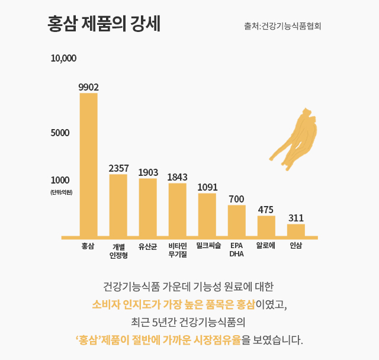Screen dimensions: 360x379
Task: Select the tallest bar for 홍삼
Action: [88, 165]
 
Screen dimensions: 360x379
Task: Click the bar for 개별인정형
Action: [118, 205]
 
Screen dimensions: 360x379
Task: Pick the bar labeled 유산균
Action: [147, 207]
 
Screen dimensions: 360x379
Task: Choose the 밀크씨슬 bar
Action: [207, 214]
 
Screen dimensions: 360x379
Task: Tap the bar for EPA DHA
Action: [237, 220]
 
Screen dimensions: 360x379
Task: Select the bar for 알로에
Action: [266, 226]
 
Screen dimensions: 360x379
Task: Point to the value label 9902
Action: [88, 87]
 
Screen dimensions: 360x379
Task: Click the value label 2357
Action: [118, 168]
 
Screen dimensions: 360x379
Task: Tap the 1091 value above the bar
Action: [207, 187]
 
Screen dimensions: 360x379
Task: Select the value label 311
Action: [296, 218]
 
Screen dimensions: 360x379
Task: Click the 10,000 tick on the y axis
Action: [63, 59]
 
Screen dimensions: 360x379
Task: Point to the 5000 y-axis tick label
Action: [60, 133]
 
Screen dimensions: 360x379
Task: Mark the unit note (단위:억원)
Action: [61, 192]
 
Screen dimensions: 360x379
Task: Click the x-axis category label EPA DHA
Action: [237, 249]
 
